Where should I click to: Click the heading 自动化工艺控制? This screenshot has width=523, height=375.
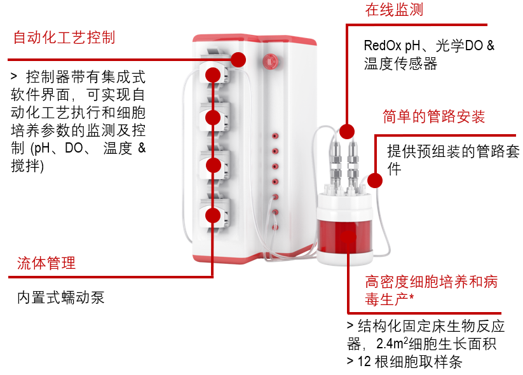point(64,37)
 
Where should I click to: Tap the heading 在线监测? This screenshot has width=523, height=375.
point(393,10)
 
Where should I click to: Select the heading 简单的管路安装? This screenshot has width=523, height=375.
point(433,117)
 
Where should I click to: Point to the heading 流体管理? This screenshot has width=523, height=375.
point(46,262)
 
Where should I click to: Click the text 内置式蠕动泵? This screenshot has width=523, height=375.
point(60,297)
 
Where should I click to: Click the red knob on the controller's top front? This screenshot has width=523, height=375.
point(268,60)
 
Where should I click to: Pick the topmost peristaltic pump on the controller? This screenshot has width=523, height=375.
point(214,74)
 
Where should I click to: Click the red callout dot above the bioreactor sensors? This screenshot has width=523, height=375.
point(346,132)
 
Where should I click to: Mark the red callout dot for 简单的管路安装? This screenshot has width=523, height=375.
point(375,181)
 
